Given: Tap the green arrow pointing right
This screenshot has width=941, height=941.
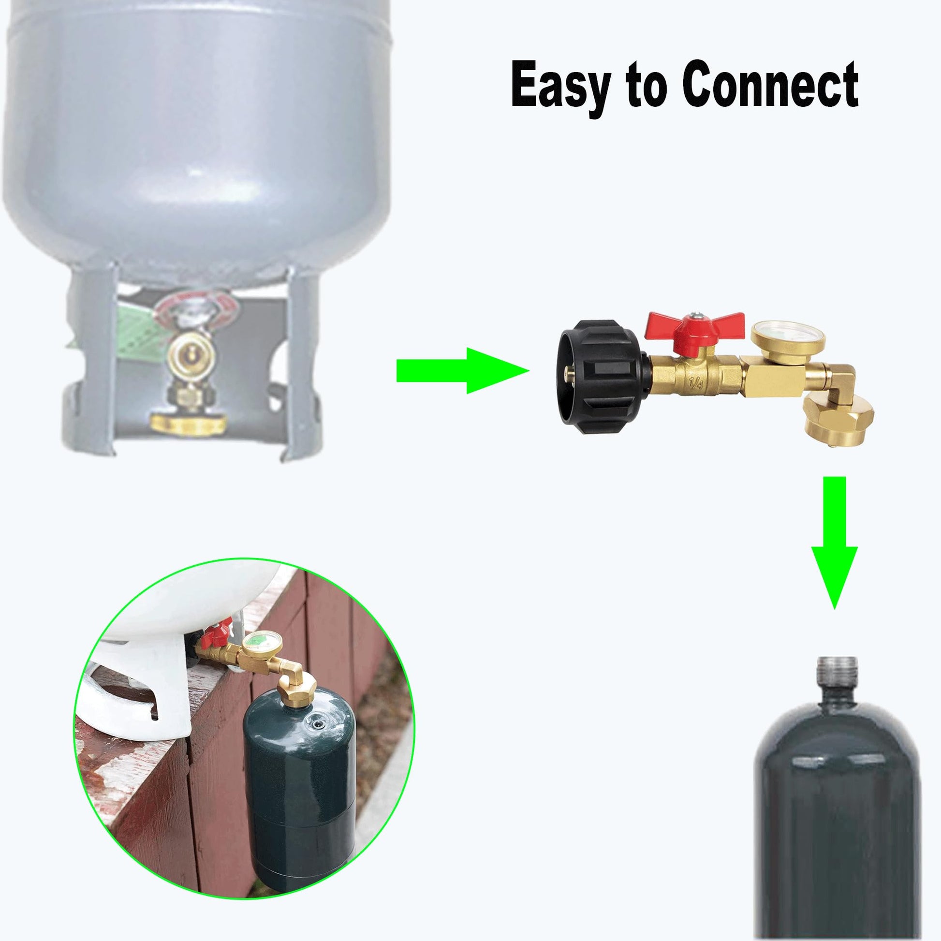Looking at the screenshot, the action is (463, 371).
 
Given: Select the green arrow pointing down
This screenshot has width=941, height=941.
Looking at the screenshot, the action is (834, 542).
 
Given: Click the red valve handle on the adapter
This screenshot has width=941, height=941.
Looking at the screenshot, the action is (694, 329).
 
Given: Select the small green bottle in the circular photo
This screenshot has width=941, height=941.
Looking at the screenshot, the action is (299, 777).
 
